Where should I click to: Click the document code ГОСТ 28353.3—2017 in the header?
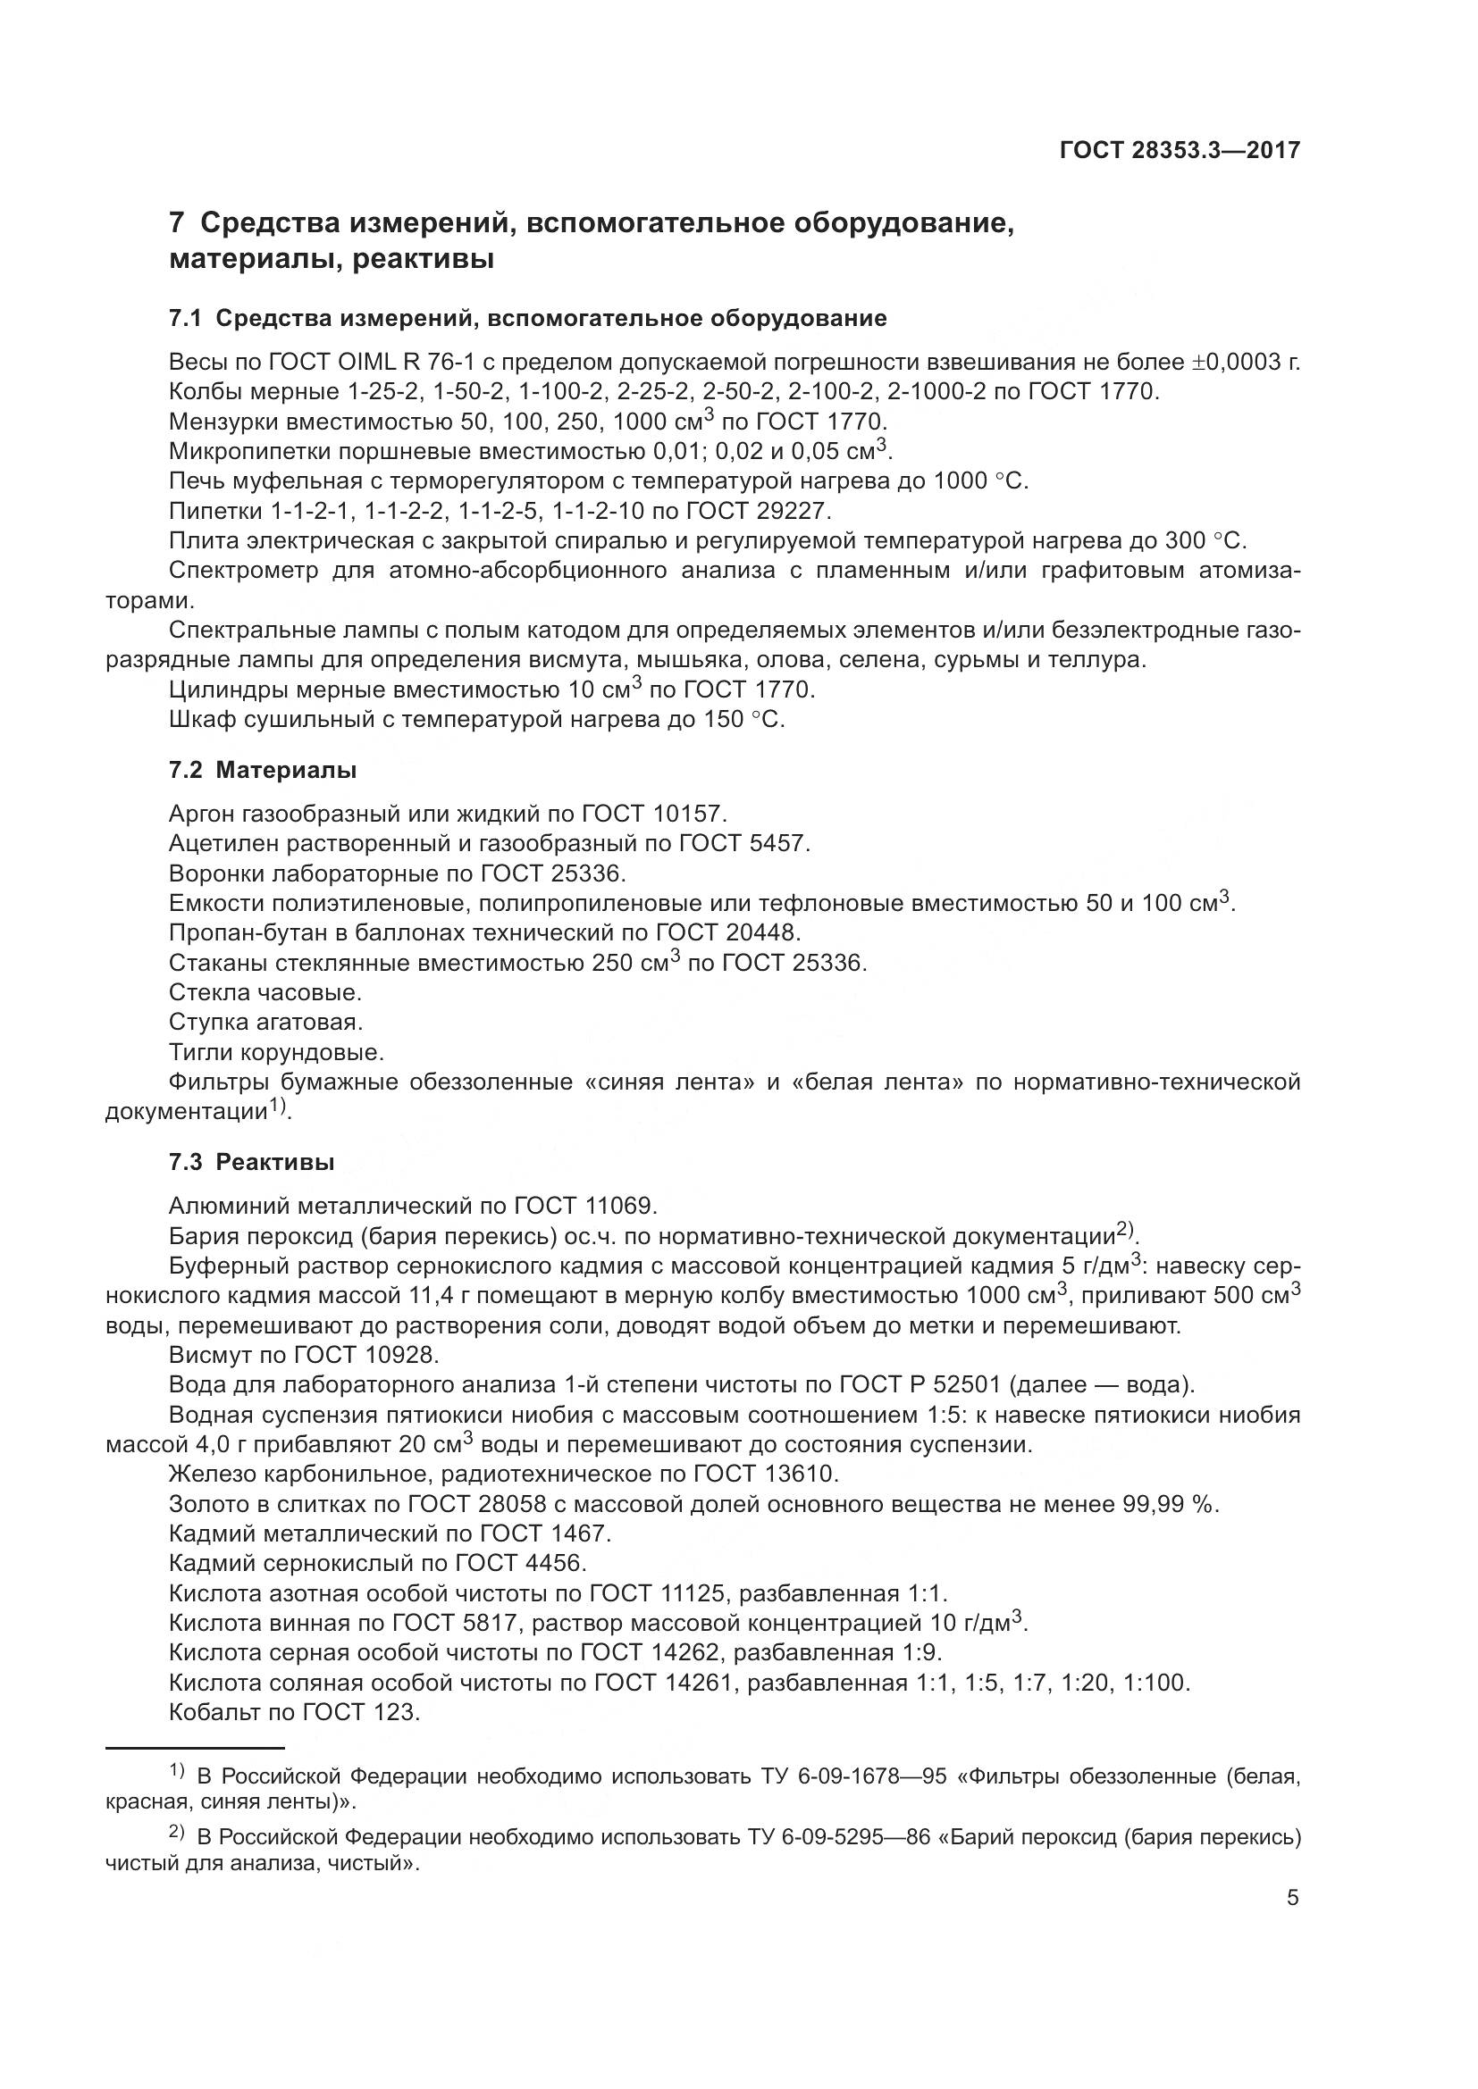pos(1180,150)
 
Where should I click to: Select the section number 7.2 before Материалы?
pos(185,771)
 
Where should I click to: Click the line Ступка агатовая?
pos(265,1022)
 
